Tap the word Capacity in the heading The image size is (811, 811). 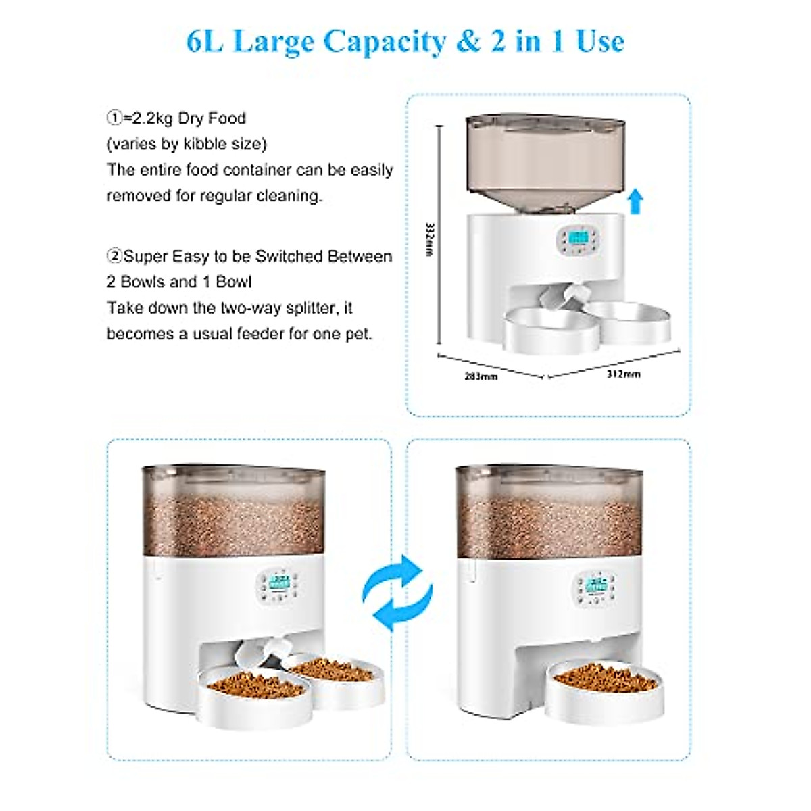coord(384,42)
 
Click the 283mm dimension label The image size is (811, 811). coord(481,376)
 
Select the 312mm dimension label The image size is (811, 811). coord(623,374)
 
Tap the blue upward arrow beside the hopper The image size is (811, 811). coord(635,201)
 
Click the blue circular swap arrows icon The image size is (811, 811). coord(397,593)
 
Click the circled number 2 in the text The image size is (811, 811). coord(114,257)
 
